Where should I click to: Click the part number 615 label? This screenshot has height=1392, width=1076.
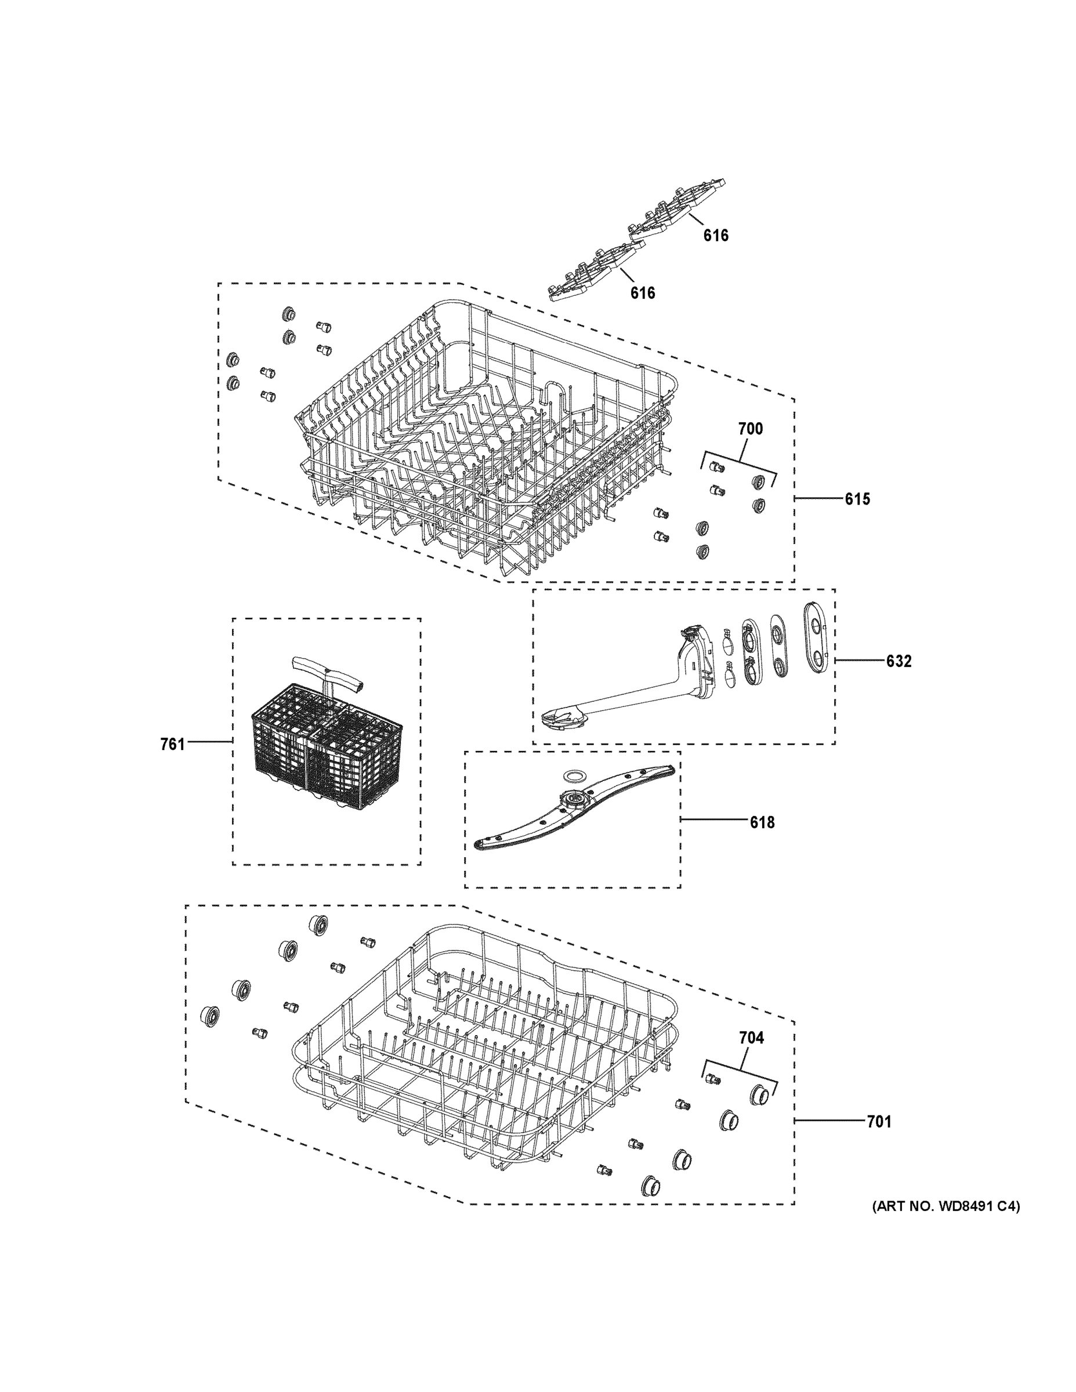pyautogui.click(x=857, y=499)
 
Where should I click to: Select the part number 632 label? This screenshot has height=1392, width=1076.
pyautogui.click(x=898, y=661)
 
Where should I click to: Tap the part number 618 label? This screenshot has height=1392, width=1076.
pyautogui.click(x=762, y=822)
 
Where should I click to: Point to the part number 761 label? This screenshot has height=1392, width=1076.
pyautogui.click(x=172, y=744)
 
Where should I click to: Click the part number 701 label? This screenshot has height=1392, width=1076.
pyautogui.click(x=878, y=1121)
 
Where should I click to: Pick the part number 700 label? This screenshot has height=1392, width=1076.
pyautogui.click(x=750, y=429)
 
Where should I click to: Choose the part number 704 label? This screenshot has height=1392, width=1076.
pyautogui.click(x=751, y=1038)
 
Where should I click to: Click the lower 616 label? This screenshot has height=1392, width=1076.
pyautogui.click(x=642, y=292)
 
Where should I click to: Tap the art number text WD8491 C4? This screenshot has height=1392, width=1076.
pyautogui.click(x=945, y=1206)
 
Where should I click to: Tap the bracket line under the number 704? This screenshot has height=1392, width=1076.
pyautogui.click(x=740, y=1071)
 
